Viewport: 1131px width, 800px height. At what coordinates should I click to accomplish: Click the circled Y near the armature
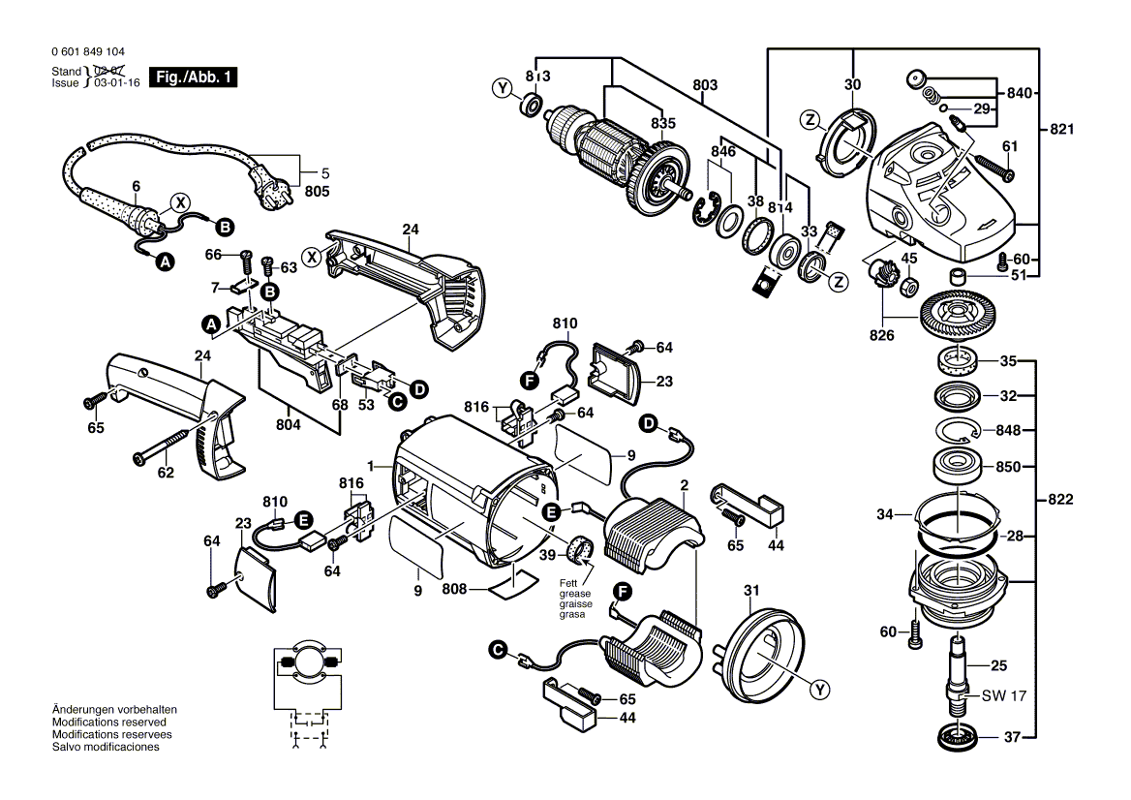point(502,89)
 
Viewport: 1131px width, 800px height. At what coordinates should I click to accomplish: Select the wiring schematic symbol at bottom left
point(308,692)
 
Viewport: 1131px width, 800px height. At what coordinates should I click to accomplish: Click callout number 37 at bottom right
point(1011,737)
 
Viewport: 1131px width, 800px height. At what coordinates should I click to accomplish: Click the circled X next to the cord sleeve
point(179,202)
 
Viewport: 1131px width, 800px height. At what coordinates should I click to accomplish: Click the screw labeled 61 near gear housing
point(993,166)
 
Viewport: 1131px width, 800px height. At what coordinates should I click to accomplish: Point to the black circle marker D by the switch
point(418,387)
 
